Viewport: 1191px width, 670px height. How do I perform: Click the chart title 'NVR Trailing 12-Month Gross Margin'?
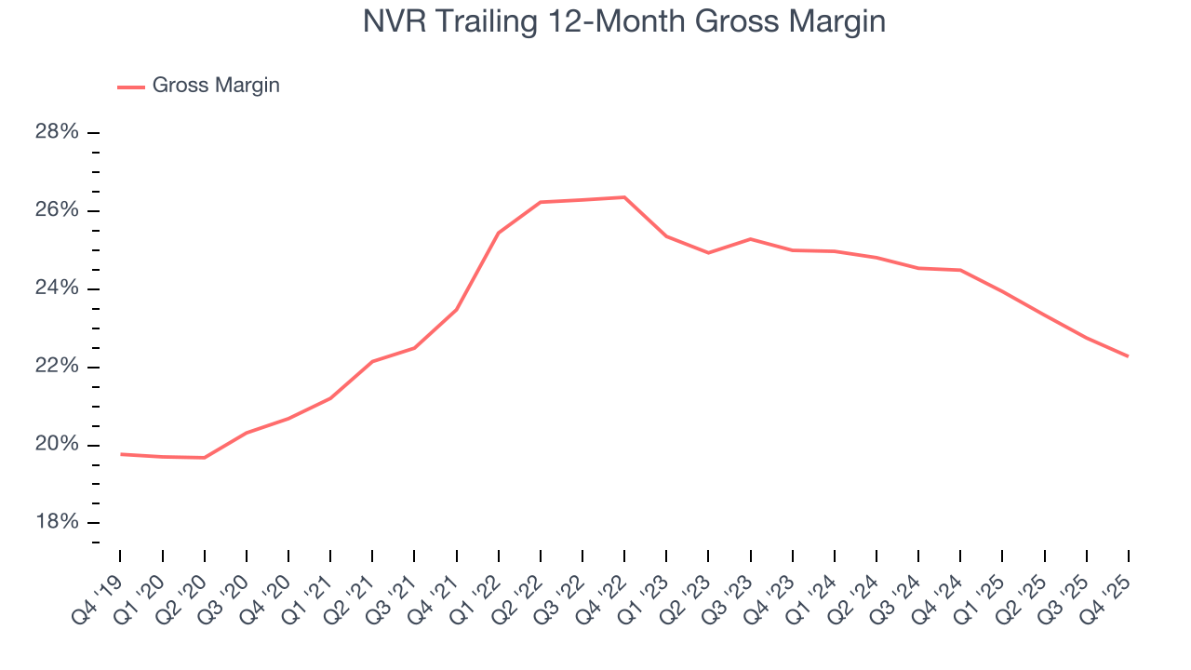pos(623,22)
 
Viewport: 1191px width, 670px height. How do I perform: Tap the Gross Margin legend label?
pos(216,86)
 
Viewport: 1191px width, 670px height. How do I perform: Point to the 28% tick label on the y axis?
pos(57,132)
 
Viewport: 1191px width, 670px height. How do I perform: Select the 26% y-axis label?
pos(57,210)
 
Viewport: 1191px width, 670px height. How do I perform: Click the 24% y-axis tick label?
pos(57,288)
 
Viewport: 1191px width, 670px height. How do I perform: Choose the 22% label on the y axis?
pos(57,367)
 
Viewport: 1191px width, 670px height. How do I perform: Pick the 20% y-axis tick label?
pos(57,445)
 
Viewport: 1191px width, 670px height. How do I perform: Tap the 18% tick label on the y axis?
pos(57,523)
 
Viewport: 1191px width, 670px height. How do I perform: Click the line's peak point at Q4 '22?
pos(624,197)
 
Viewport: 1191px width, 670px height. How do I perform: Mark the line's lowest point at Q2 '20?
pos(205,458)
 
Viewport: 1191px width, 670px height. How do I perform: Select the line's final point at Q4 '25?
pos(1129,356)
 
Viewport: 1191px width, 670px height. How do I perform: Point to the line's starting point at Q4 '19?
pos(121,454)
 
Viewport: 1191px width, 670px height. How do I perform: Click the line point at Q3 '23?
pos(750,239)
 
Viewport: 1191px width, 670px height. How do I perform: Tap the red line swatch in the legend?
pos(130,87)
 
